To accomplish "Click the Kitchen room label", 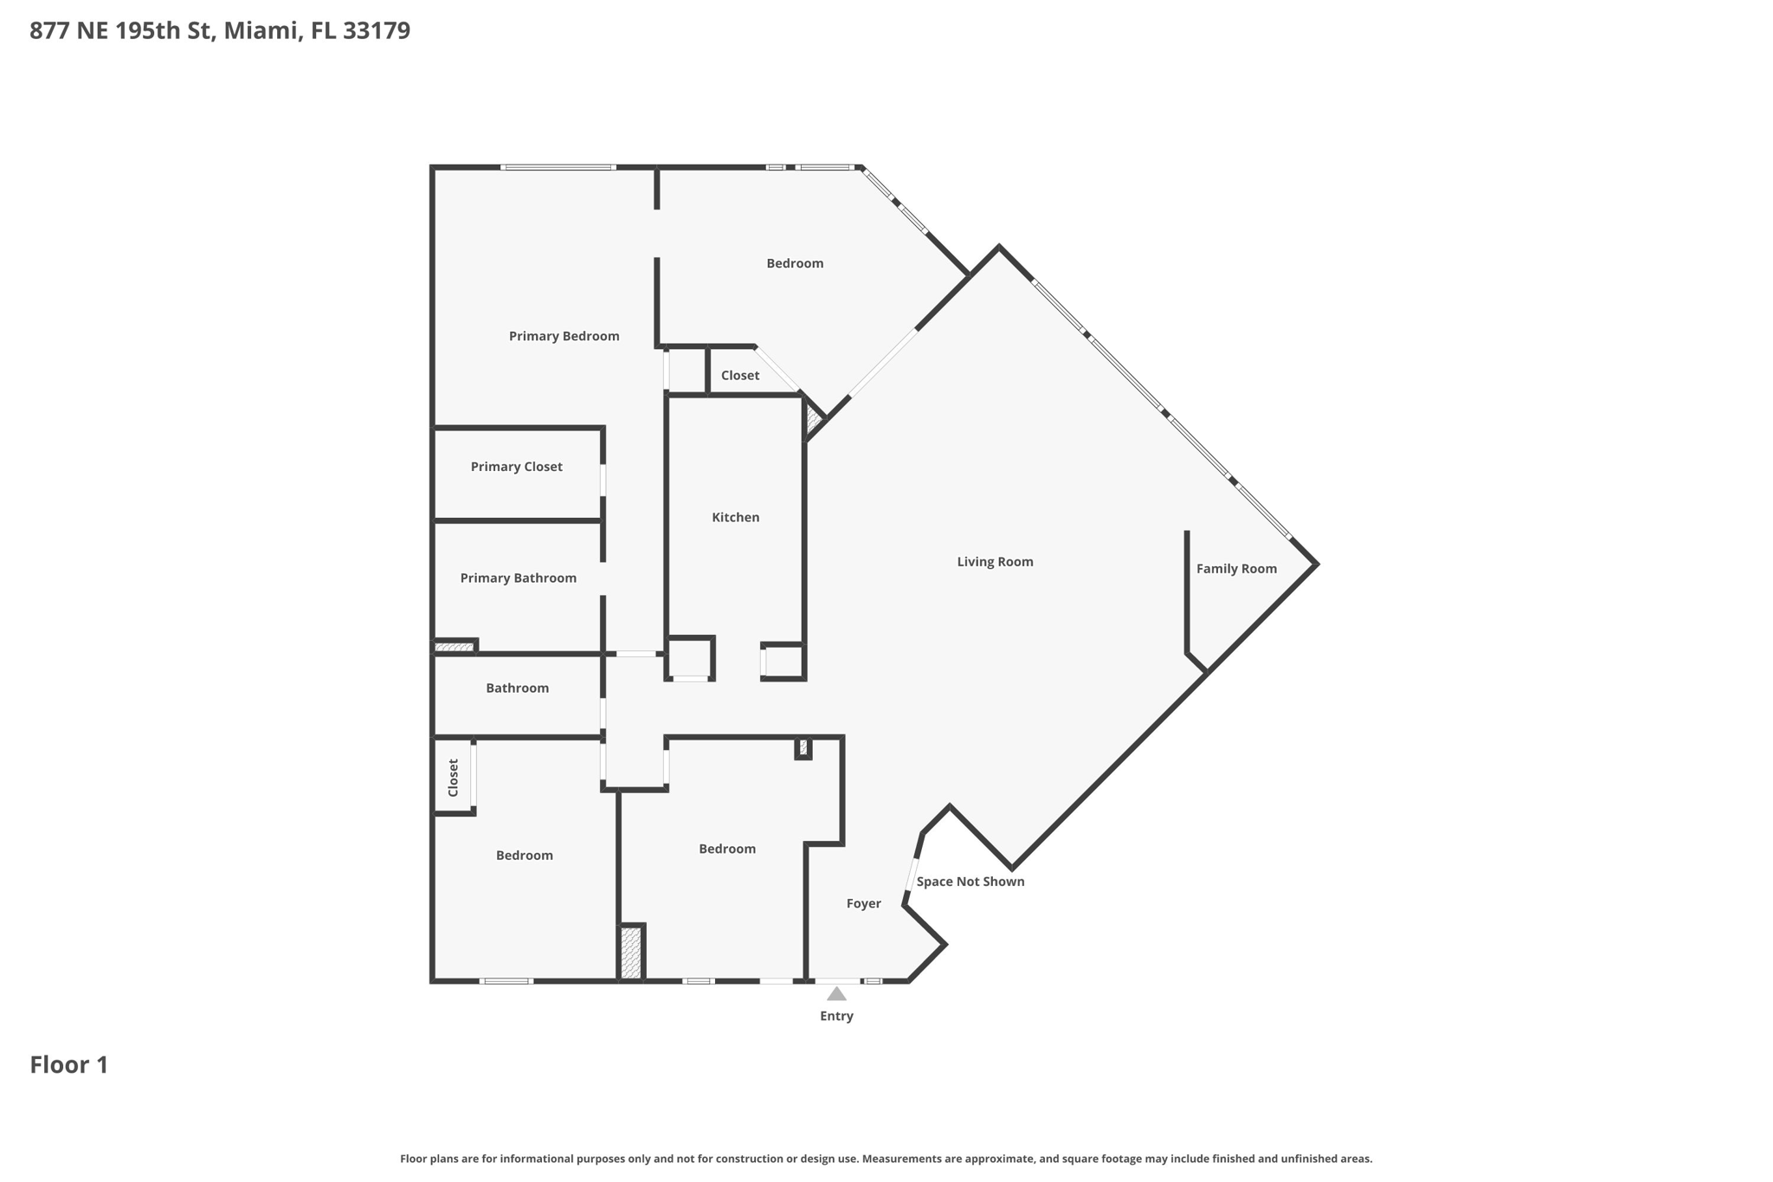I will coord(735,517).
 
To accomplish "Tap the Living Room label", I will coord(995,561).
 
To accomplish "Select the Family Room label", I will coord(1235,568).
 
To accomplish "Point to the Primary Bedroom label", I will coord(564,336).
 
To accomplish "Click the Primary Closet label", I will coord(516,466).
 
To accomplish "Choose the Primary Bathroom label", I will coord(518,578).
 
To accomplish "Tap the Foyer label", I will coord(863,903).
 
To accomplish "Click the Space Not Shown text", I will coord(970,882).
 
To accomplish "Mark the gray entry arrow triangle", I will coord(836,994).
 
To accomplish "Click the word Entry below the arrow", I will coord(836,1016).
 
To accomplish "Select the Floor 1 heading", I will coord(69,1064).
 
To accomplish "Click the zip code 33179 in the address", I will coord(377,30).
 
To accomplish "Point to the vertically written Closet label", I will coord(453,778).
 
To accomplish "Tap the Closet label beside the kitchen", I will coord(739,375).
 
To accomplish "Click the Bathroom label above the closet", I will coord(517,688).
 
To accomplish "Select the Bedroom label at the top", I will coord(794,263).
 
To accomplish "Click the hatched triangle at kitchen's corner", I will coord(813,420).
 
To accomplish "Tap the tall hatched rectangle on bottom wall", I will coord(631,953).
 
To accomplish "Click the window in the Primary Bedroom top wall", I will coord(558,167).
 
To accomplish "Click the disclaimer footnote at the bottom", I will coord(886,1159).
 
